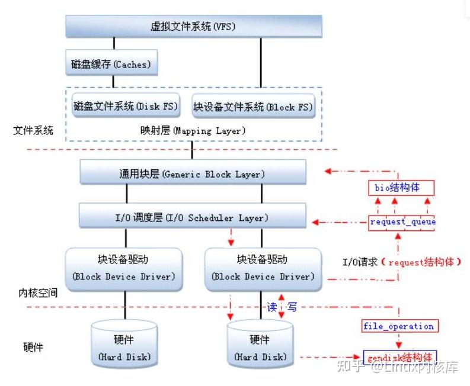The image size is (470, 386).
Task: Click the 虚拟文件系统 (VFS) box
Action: (193, 27)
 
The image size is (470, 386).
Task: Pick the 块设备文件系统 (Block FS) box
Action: (253, 107)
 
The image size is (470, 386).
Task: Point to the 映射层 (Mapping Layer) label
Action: (193, 130)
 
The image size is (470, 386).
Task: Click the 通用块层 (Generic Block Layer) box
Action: (193, 174)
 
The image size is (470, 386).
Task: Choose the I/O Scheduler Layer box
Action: (193, 217)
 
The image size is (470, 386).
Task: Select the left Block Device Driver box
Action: (124, 268)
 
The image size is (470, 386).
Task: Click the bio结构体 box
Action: (401, 188)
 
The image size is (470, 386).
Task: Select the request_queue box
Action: (402, 222)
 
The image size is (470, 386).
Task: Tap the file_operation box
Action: (398, 326)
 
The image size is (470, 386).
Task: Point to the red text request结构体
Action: (424, 260)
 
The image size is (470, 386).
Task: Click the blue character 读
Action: (272, 307)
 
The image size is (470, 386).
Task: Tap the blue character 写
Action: (292, 307)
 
